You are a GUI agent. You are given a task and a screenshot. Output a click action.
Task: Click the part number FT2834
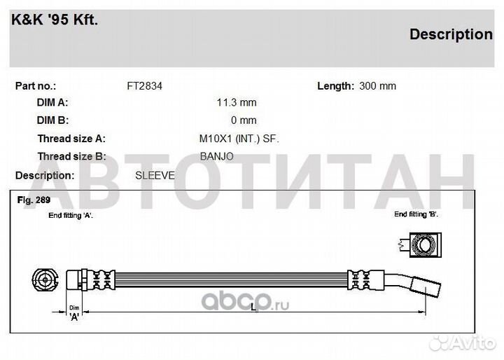[x=145, y=86]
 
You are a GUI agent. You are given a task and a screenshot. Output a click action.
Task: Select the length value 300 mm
[x=378, y=86]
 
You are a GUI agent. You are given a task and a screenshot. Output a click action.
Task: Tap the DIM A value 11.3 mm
[x=237, y=103]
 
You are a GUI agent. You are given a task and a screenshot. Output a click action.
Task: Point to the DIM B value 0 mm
[x=244, y=120]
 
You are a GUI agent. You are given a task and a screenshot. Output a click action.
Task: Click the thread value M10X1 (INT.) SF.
[x=239, y=139]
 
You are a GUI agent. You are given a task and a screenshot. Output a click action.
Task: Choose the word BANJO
[x=216, y=157]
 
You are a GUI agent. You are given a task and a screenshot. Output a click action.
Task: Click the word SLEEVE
[x=155, y=176]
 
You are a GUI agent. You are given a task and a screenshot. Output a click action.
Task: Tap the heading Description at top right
[x=451, y=34]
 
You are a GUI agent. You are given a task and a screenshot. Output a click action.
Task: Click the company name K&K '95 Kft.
[x=55, y=20]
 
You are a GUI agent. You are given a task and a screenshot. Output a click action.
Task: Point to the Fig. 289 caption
[x=34, y=200]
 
